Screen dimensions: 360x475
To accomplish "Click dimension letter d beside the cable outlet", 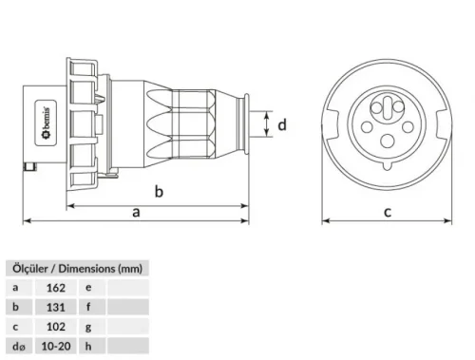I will click(281, 123).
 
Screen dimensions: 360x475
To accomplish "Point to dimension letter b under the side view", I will click(160, 192).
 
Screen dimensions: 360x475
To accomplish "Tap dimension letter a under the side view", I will click(137, 213).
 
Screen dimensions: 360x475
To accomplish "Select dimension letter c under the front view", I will click(388, 212).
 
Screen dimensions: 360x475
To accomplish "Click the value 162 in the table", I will click(55, 286).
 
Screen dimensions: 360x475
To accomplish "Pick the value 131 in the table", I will click(55, 307).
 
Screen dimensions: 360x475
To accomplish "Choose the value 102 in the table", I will click(55, 328).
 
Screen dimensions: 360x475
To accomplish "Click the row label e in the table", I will click(88, 286).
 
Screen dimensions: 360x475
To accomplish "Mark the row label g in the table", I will click(88, 328).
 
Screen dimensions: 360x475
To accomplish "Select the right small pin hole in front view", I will click(406, 123).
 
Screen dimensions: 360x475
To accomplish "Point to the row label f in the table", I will click(88, 307).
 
